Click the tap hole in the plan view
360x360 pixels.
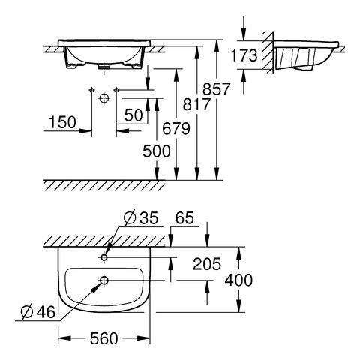click(103, 256)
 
